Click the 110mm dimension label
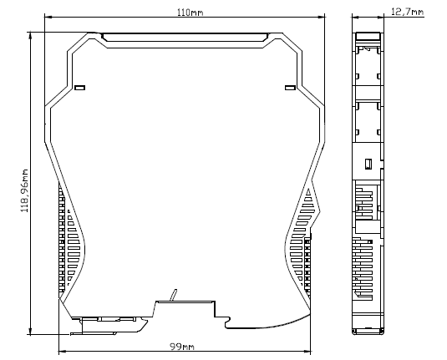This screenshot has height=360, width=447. click(190, 13)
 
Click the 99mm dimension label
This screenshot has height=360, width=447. click(182, 347)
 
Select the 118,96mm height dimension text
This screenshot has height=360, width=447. click(25, 190)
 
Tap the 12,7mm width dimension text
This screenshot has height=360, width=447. click(407, 12)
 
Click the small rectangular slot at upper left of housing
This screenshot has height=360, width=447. click(79, 88)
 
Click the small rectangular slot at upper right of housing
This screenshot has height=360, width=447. click(291, 88)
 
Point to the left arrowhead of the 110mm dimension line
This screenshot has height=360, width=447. click(48, 17)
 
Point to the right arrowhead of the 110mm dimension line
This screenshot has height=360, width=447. click(322, 17)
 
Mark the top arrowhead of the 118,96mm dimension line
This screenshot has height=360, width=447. click(30, 35)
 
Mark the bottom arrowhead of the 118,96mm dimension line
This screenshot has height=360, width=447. click(30, 332)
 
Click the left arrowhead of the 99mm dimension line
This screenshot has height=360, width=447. click(62, 351)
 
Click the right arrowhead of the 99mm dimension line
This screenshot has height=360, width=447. click(307, 351)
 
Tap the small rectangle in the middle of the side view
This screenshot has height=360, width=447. click(368, 164)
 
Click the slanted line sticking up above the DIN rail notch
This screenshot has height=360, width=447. click(173, 295)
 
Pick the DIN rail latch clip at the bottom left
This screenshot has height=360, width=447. click(109, 326)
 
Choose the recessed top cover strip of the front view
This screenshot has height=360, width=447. click(185, 38)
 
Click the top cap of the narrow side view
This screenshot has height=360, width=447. click(368, 36)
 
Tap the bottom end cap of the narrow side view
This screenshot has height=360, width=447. click(368, 331)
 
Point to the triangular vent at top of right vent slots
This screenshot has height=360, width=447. click(308, 192)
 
